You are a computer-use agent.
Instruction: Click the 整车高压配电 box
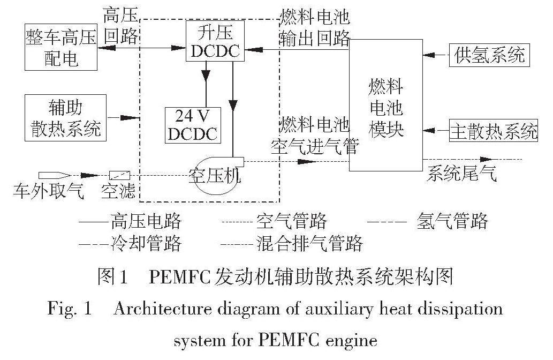(x=61, y=47)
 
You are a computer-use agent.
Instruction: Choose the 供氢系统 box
(x=489, y=55)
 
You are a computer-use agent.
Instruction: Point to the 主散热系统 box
(x=493, y=130)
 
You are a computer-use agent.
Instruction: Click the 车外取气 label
(x=49, y=191)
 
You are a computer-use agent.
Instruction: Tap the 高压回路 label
(x=121, y=26)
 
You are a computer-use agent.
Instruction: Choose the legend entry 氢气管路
(x=452, y=221)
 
